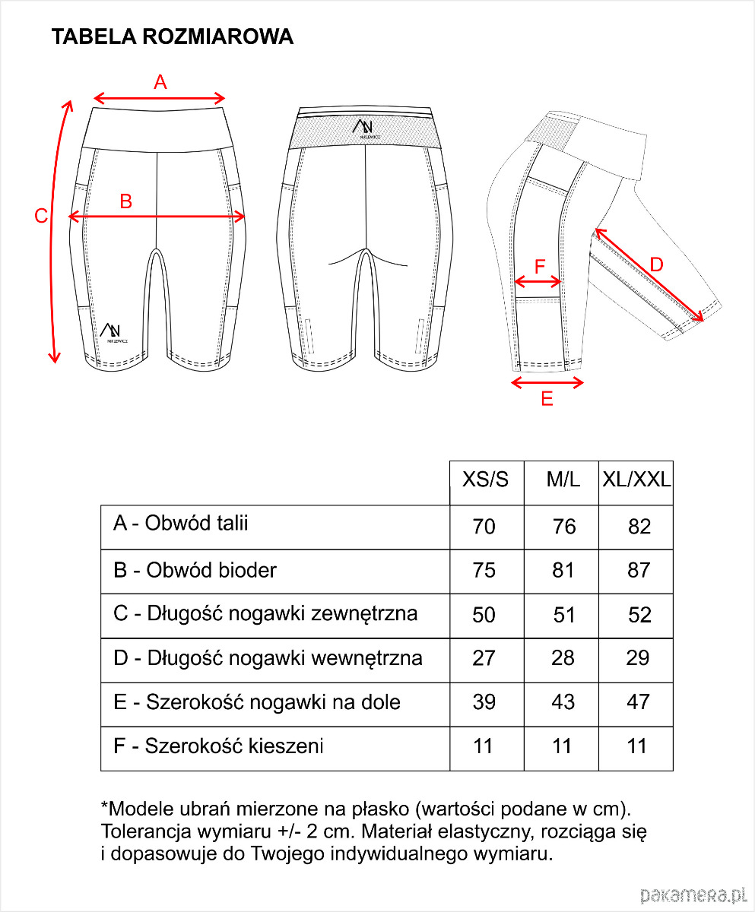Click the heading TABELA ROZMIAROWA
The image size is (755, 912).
click(172, 37)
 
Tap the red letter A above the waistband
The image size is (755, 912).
click(160, 82)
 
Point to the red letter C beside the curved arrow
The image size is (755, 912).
click(41, 216)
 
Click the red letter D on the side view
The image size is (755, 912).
click(657, 264)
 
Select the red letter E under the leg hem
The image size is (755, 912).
click(547, 399)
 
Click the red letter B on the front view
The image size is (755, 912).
click(126, 201)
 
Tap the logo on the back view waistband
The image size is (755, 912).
click(366, 129)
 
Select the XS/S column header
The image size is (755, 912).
click(485, 480)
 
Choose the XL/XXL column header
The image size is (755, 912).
click(636, 480)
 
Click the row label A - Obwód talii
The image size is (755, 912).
click(181, 524)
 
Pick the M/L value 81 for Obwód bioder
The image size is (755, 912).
click(563, 570)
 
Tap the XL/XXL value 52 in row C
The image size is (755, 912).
click(639, 615)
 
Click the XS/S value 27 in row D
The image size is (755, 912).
click(484, 658)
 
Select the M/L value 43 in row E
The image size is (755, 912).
click(563, 702)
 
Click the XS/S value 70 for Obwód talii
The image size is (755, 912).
click(484, 526)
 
